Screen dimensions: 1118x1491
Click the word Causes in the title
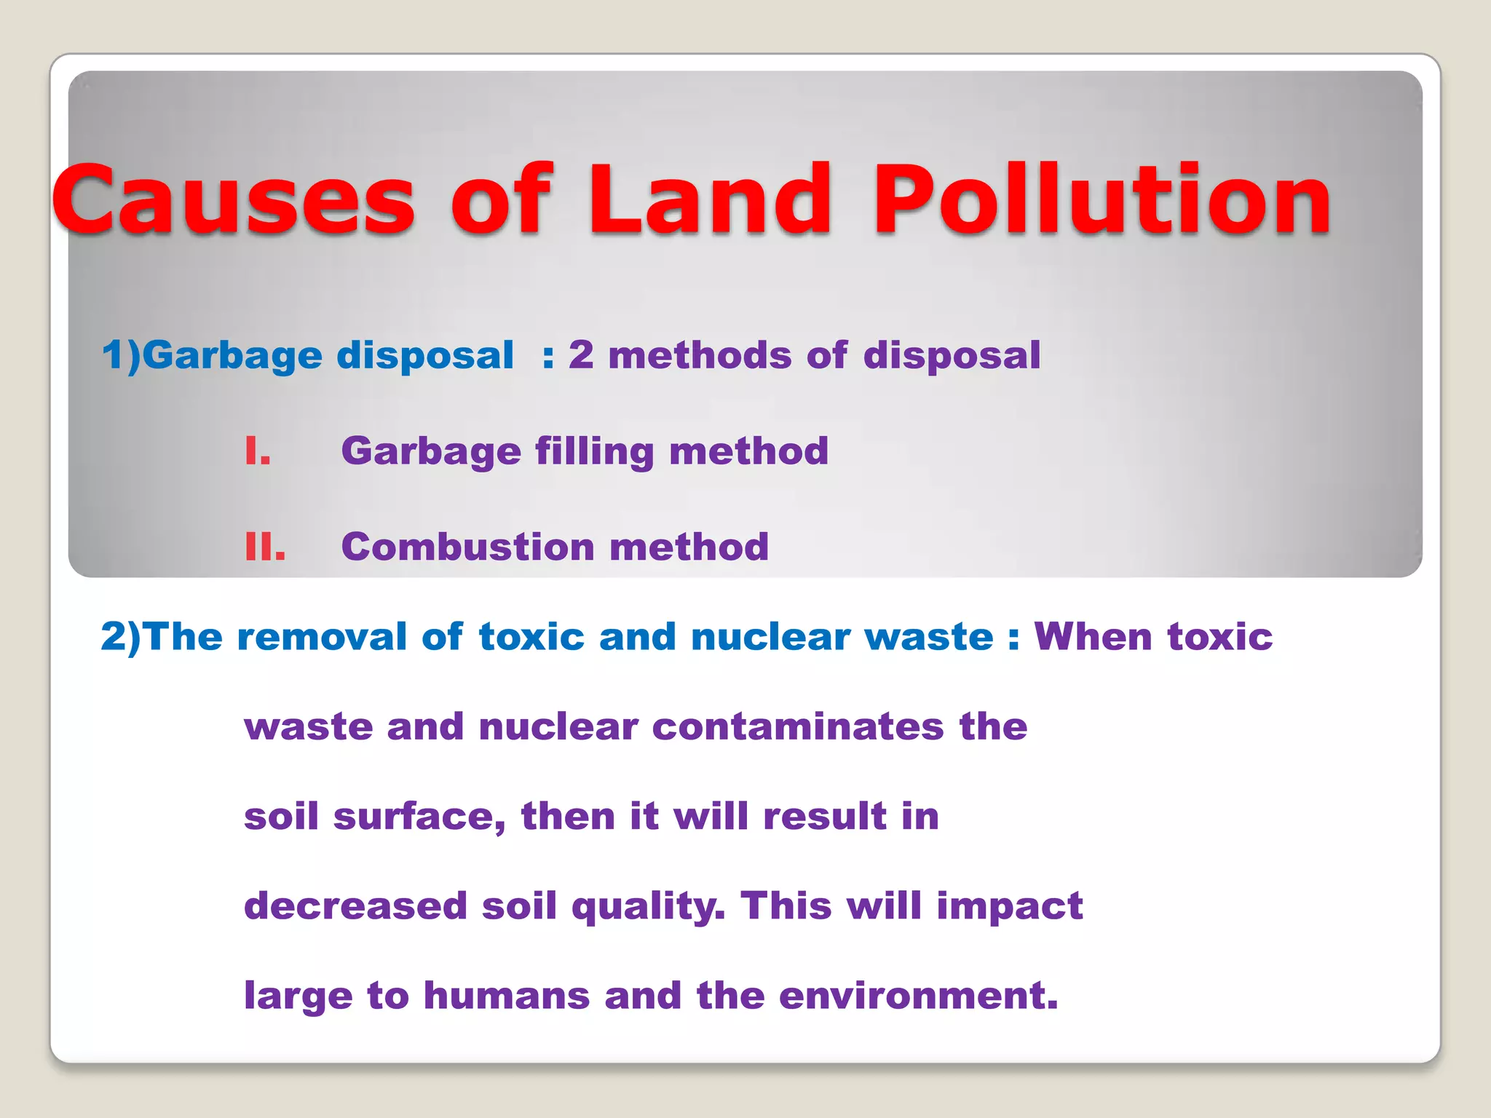click(233, 200)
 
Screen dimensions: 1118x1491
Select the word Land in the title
click(710, 200)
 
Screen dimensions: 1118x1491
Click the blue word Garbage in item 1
click(233, 356)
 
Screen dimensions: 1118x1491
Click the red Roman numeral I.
click(257, 451)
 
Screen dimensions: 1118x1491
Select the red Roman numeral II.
click(265, 547)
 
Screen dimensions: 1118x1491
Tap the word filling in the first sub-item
click(595, 451)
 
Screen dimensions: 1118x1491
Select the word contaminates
click(797, 726)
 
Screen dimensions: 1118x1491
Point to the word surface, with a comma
click(419, 817)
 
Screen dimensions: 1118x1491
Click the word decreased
click(355, 906)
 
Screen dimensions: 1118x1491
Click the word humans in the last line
click(506, 996)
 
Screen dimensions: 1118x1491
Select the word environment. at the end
click(918, 996)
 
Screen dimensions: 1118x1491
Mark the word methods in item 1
click(699, 356)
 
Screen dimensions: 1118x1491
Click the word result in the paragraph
click(824, 817)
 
